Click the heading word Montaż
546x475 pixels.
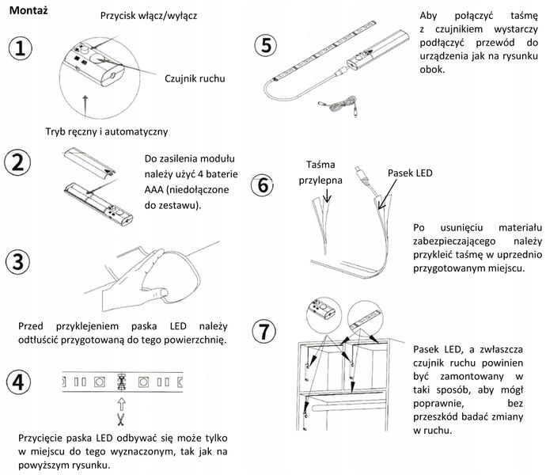26,9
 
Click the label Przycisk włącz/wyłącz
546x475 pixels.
150,16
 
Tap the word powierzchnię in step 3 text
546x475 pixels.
190,341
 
